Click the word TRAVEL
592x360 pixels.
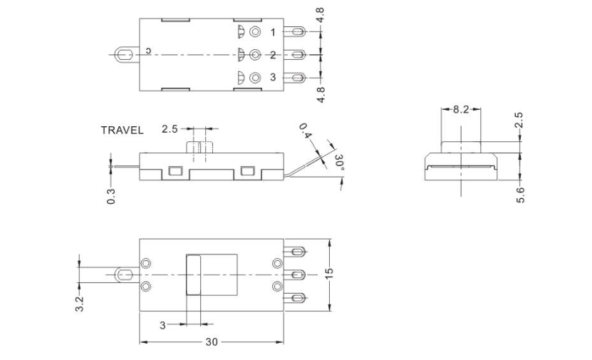pos(122,130)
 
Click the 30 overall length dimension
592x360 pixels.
pos(212,342)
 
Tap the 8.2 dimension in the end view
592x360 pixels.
pos(461,110)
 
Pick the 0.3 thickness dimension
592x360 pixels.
pos(111,195)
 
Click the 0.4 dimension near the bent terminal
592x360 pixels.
pos(306,132)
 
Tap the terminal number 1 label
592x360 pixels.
pos(273,32)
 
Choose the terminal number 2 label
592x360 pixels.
pos(273,55)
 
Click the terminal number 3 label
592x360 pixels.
pos(273,77)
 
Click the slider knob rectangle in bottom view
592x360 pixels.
pos(193,274)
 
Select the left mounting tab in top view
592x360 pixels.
pos(125,54)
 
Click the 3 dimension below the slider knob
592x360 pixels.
pos(162,325)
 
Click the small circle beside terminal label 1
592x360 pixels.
pos(256,32)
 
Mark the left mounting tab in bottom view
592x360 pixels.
pos(125,274)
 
